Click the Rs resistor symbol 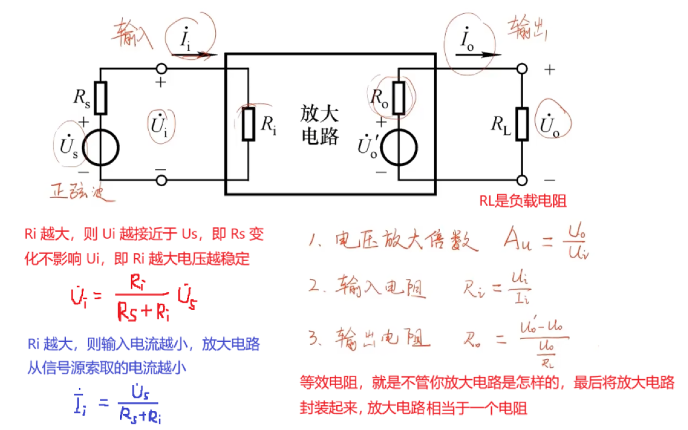coord(101,98)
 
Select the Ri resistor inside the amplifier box coord(249,124)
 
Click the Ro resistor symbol coord(398,98)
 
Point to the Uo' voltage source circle coord(398,147)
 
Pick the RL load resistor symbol coord(522,124)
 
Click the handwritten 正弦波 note coord(81,191)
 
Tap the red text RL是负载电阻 coord(522,201)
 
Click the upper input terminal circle coord(161,69)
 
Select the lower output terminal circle coord(522,180)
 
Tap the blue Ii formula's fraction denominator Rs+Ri coord(140,413)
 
